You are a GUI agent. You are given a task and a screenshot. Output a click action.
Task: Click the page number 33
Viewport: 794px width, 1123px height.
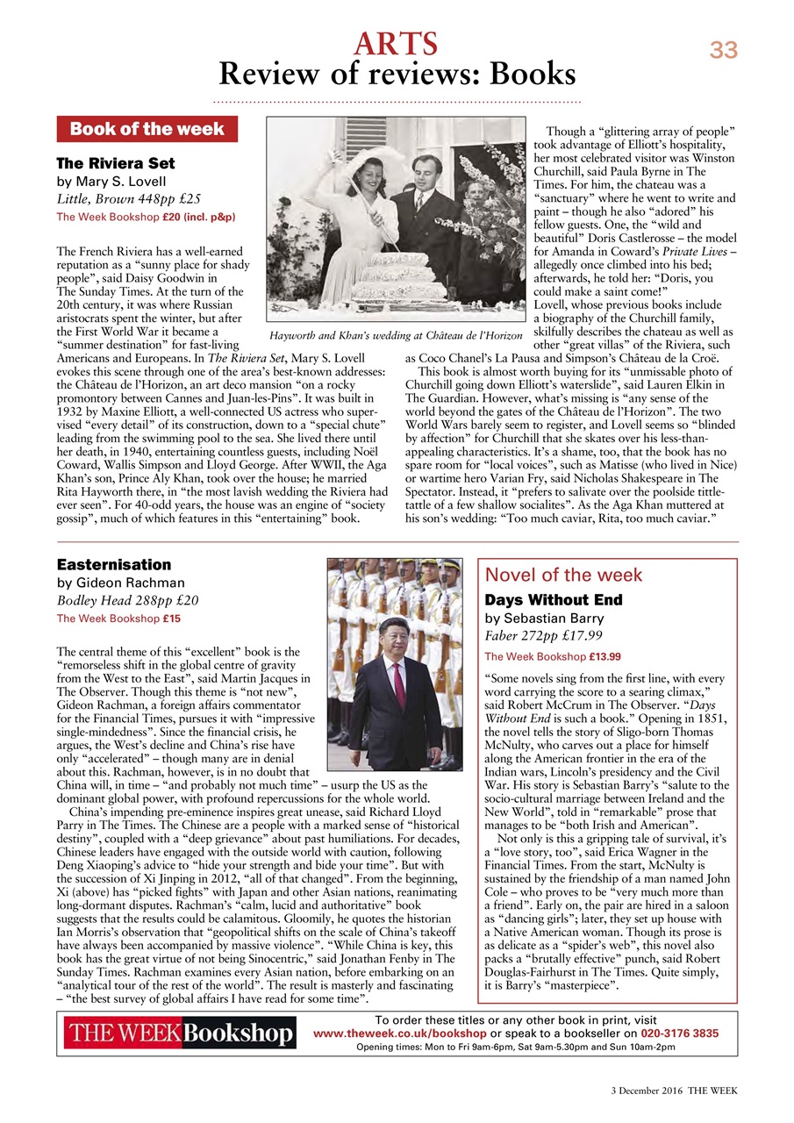click(x=723, y=51)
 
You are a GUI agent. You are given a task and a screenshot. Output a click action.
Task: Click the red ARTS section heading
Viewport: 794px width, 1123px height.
click(x=397, y=42)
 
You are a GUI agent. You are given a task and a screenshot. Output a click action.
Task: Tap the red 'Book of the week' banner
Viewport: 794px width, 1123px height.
click(x=147, y=130)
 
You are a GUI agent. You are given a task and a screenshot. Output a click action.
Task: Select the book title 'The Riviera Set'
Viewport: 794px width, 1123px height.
click(x=115, y=163)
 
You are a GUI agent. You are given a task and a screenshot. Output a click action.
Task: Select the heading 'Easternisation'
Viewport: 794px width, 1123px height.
click(x=113, y=564)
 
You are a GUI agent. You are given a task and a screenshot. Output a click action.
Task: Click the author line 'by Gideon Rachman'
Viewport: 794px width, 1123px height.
click(x=121, y=583)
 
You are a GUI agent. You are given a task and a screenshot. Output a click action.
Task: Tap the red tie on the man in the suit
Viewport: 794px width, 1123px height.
click(x=400, y=682)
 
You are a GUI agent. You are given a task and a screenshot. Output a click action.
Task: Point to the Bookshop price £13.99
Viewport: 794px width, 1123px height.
click(x=599, y=656)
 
